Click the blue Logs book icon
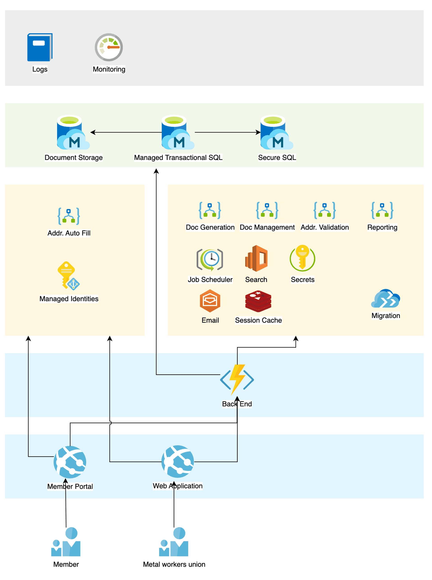tap(40, 47)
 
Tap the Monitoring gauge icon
tap(109, 47)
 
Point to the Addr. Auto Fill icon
tap(69, 216)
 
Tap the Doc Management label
tap(267, 227)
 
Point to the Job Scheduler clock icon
tap(210, 260)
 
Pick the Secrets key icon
tap(302, 258)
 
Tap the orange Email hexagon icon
tap(210, 301)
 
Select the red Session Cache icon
tap(258, 301)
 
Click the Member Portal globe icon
tap(70, 462)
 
